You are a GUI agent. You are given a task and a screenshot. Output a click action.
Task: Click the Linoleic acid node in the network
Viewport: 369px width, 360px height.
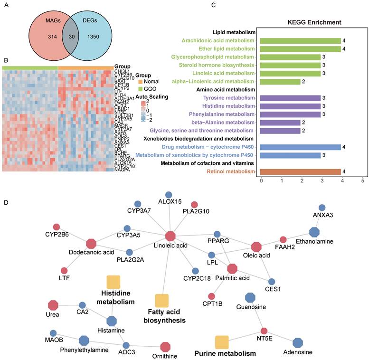(x=170, y=236)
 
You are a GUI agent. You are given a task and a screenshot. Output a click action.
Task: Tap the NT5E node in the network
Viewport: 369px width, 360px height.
(x=264, y=331)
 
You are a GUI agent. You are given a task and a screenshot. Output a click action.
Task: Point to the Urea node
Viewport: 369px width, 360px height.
(x=53, y=305)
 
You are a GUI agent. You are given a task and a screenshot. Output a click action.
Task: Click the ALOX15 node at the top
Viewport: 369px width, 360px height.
(x=168, y=195)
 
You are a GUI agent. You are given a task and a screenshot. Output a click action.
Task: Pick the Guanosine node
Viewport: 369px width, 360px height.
(x=251, y=298)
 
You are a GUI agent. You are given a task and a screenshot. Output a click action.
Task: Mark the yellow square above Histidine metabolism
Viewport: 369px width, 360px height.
(x=113, y=282)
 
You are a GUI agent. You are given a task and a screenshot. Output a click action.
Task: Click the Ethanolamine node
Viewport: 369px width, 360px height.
(x=314, y=232)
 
